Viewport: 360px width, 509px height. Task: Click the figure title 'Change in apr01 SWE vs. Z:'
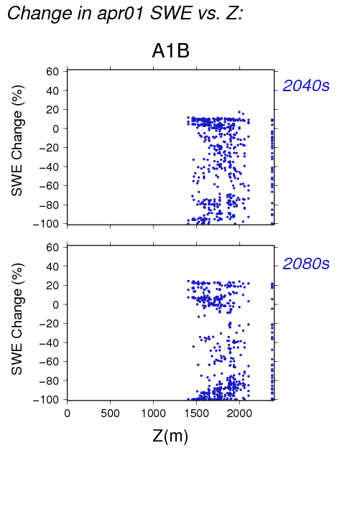click(125, 14)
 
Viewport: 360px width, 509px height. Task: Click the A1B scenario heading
click(170, 51)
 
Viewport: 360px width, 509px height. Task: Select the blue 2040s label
click(306, 85)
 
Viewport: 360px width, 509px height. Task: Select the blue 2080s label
click(306, 263)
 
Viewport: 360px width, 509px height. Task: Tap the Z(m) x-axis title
click(170, 436)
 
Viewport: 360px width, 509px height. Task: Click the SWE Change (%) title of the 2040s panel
click(17, 141)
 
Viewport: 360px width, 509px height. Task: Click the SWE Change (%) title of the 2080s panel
click(17, 319)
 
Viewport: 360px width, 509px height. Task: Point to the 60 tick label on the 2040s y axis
click(52, 71)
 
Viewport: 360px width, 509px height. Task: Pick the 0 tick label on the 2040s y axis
click(55, 129)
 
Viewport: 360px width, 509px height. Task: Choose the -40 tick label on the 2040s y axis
click(49, 167)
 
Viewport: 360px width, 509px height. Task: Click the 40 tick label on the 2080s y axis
click(52, 266)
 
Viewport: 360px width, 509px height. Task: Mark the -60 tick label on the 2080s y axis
click(49, 362)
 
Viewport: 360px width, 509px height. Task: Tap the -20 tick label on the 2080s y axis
click(49, 324)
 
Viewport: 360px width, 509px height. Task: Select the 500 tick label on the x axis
click(110, 414)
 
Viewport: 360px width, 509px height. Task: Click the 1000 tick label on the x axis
click(153, 414)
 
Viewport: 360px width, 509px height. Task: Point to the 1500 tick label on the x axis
click(196, 414)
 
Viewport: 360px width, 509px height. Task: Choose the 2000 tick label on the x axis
click(239, 414)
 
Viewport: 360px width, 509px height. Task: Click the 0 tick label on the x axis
click(68, 414)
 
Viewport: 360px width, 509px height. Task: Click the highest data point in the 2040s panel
click(239, 112)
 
